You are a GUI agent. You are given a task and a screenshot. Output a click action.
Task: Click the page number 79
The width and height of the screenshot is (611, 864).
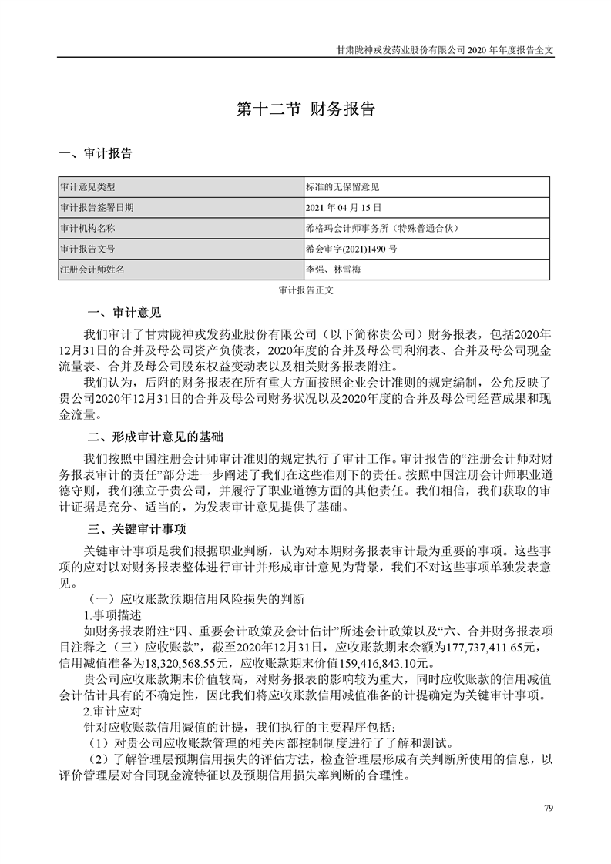(549, 807)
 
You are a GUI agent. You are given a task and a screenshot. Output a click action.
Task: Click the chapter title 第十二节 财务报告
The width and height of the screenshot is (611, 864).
(305, 109)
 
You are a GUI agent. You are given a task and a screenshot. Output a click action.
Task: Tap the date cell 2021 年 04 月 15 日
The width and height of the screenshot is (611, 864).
(344, 208)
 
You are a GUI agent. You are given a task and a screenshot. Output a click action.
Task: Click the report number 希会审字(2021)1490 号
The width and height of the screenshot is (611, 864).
(352, 249)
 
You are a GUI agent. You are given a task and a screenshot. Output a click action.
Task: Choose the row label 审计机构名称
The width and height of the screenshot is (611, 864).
(87, 229)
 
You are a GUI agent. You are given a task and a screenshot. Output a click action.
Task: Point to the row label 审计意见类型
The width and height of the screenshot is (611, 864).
(87, 187)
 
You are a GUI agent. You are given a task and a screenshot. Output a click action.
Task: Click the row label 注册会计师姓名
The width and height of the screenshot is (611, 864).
(92, 270)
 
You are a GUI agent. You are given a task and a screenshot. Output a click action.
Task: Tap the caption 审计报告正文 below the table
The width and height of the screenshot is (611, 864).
(305, 292)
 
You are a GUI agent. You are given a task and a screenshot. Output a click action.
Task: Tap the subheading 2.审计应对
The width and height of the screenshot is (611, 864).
(111, 712)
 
